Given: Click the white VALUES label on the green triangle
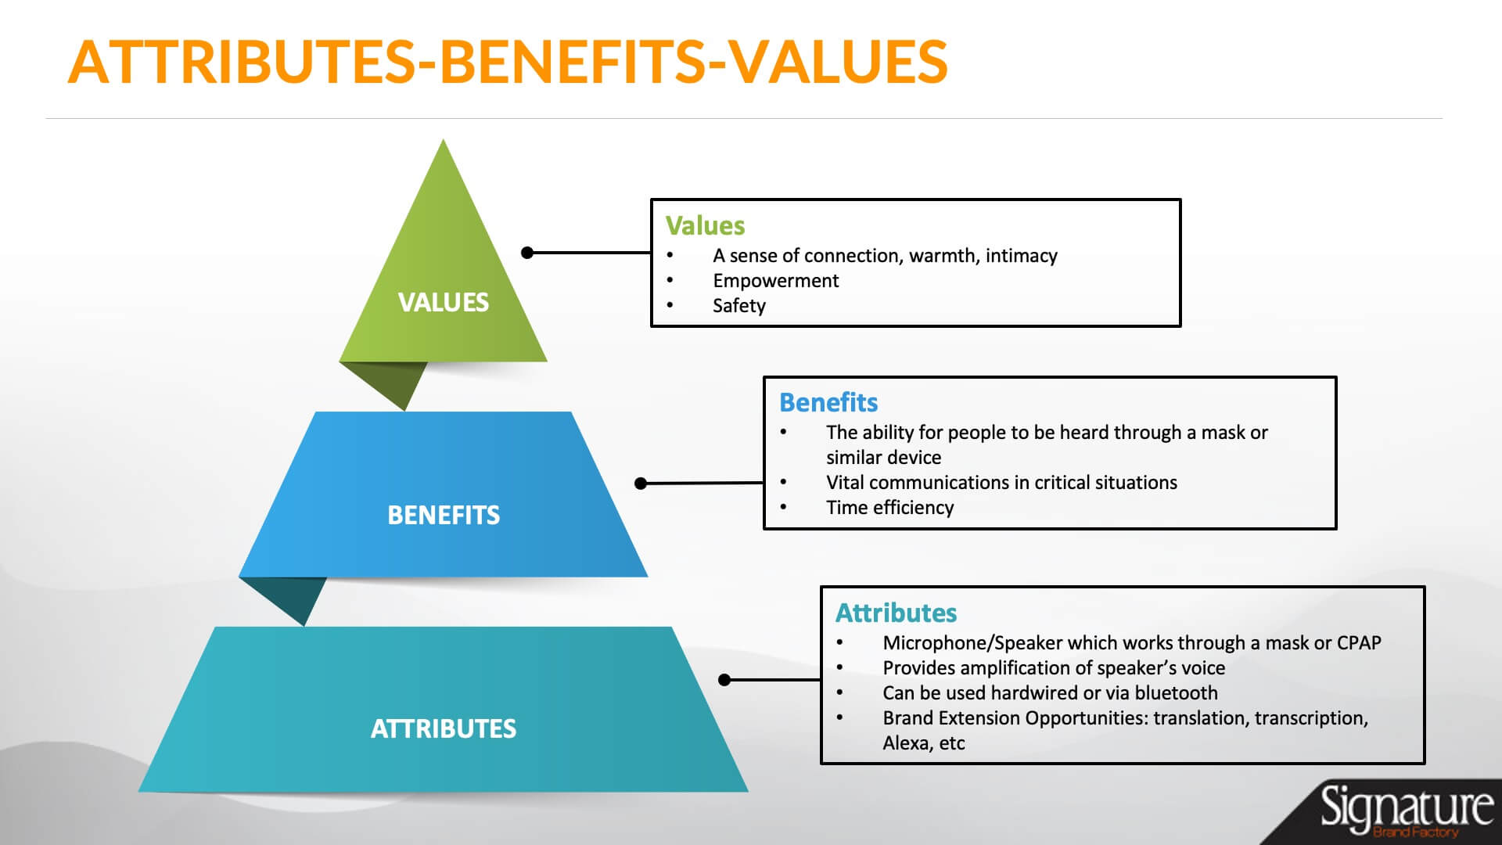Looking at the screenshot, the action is [x=443, y=302].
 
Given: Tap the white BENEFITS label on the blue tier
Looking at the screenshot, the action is [x=444, y=515].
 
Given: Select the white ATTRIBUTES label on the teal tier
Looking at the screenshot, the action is [x=444, y=728].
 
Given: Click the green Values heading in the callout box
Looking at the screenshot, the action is [x=705, y=225].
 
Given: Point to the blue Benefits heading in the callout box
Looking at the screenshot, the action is [x=828, y=402].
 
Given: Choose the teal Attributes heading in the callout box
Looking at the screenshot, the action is [x=897, y=613].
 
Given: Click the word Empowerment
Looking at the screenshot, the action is [x=775, y=281].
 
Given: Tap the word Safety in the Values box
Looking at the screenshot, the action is [x=739, y=306].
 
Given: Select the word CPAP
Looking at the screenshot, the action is [x=1359, y=642].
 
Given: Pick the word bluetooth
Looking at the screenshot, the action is [x=1176, y=692].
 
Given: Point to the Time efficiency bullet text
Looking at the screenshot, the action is [x=890, y=508].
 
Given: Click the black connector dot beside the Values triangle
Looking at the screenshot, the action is [x=527, y=252].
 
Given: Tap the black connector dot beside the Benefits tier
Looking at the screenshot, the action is [x=641, y=484].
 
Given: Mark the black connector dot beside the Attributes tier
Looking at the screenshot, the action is [x=724, y=680].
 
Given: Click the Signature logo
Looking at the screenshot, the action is [x=1406, y=811].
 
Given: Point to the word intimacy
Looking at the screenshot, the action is [x=1021, y=256].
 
